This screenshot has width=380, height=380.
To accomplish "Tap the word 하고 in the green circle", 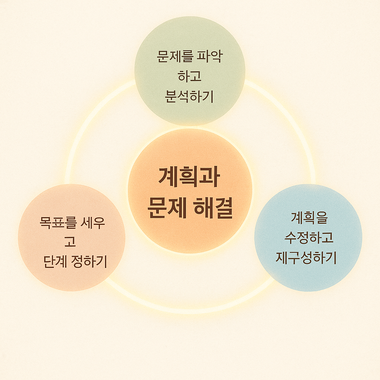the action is coord(189,77).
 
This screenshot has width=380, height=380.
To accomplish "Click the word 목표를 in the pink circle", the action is coord(58,223).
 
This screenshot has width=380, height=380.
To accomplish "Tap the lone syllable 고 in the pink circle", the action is coord(70,242).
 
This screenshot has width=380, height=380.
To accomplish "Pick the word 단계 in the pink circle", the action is coord(55,262).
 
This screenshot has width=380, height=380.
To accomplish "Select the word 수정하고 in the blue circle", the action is coord(309,238).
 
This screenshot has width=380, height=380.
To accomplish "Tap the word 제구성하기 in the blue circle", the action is coord(306,258).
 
